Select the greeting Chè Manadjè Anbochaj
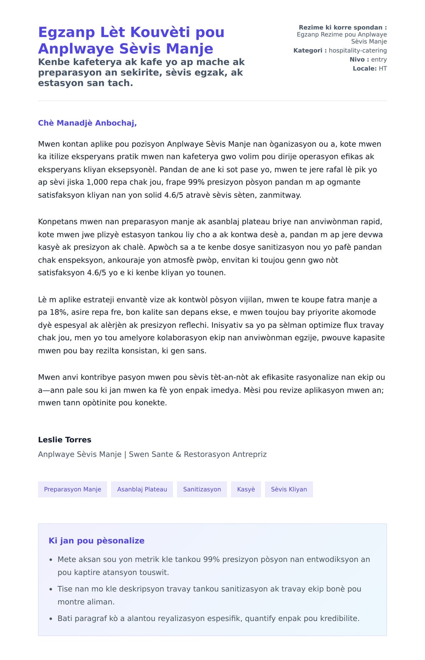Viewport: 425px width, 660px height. [87, 123]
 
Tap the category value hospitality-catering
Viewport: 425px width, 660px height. [357, 50]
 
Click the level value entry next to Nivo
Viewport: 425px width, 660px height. [379, 60]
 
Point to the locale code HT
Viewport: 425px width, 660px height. [382, 68]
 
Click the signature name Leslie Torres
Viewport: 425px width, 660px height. [64, 440]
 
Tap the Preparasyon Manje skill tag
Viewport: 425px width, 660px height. [73, 489]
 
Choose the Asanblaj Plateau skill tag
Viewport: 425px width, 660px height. [142, 489]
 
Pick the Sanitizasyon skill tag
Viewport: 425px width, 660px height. [202, 489]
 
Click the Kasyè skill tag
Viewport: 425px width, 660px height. [246, 489]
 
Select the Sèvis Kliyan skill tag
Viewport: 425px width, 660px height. [289, 489]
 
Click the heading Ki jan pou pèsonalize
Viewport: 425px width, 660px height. [96, 541]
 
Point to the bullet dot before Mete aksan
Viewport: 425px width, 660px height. [51, 560]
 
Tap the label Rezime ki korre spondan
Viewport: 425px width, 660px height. [342, 27]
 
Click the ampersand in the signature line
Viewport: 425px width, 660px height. [178, 454]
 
